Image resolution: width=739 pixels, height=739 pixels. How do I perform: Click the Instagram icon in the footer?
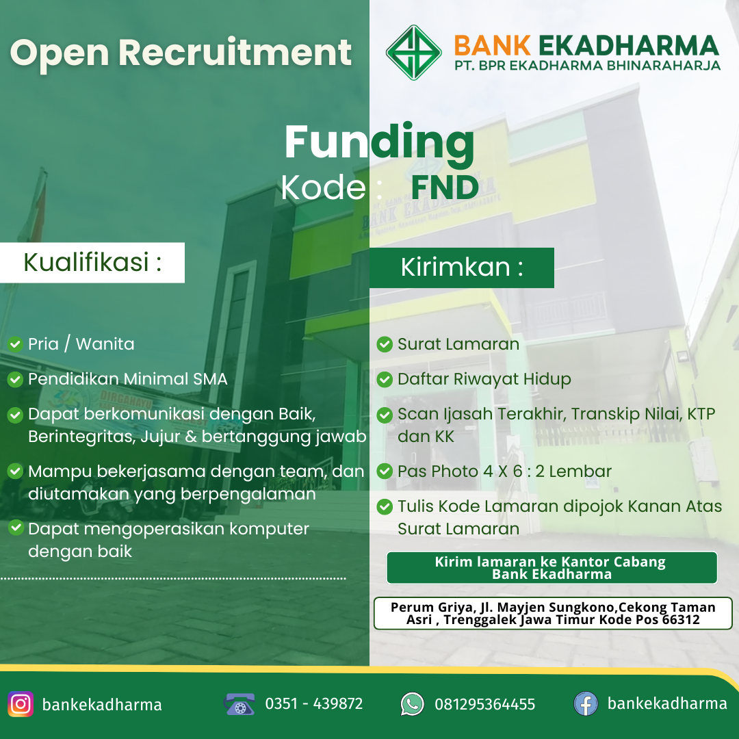point(21,704)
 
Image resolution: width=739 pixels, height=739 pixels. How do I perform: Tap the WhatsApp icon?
point(413,704)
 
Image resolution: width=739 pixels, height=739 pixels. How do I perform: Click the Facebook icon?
point(586,704)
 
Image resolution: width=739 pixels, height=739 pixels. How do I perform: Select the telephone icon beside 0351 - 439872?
point(239,704)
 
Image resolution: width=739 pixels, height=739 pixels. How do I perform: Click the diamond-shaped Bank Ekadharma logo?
point(414,52)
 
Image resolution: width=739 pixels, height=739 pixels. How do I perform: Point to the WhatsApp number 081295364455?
point(485,704)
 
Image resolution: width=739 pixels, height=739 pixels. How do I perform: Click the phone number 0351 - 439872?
point(314,703)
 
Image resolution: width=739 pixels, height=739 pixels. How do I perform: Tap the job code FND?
point(445,187)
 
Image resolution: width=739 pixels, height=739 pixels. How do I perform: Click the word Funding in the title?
point(379,143)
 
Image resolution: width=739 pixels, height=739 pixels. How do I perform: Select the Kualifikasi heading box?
point(92,263)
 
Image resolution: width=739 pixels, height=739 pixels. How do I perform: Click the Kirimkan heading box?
point(461,268)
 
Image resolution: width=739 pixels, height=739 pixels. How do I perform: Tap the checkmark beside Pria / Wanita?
point(15,344)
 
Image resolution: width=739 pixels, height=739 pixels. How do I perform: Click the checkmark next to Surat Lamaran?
point(385,344)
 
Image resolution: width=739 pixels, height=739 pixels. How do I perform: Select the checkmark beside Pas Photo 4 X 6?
point(385,471)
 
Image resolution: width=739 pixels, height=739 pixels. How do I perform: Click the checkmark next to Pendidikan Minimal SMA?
point(15,379)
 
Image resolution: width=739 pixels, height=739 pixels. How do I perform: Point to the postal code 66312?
point(681,619)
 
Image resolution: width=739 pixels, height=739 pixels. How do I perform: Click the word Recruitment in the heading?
point(235,52)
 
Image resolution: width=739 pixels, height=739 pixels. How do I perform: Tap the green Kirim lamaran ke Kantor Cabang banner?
point(552,568)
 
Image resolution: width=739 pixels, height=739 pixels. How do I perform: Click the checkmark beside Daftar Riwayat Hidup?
point(385,379)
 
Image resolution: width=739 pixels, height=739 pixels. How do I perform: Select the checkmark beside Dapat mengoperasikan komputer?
point(15,528)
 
